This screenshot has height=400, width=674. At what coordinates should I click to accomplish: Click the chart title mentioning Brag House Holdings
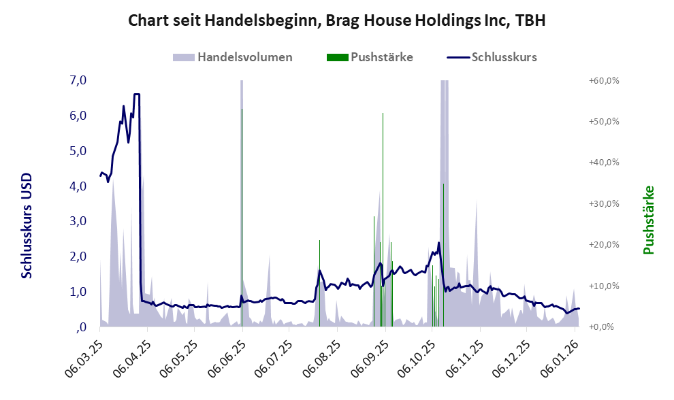click(x=337, y=21)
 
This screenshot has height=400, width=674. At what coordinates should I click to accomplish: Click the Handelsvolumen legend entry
click(x=244, y=57)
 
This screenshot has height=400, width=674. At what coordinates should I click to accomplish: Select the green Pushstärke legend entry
click(x=381, y=57)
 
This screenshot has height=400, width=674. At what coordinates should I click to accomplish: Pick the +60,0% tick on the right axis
click(x=604, y=80)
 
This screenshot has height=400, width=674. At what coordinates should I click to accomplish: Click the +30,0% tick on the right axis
click(x=604, y=203)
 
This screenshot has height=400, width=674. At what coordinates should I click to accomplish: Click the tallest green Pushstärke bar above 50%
click(x=383, y=116)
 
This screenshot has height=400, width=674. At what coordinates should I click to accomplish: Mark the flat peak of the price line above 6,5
click(x=137, y=95)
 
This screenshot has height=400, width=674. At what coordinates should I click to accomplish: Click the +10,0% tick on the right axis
click(x=604, y=286)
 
